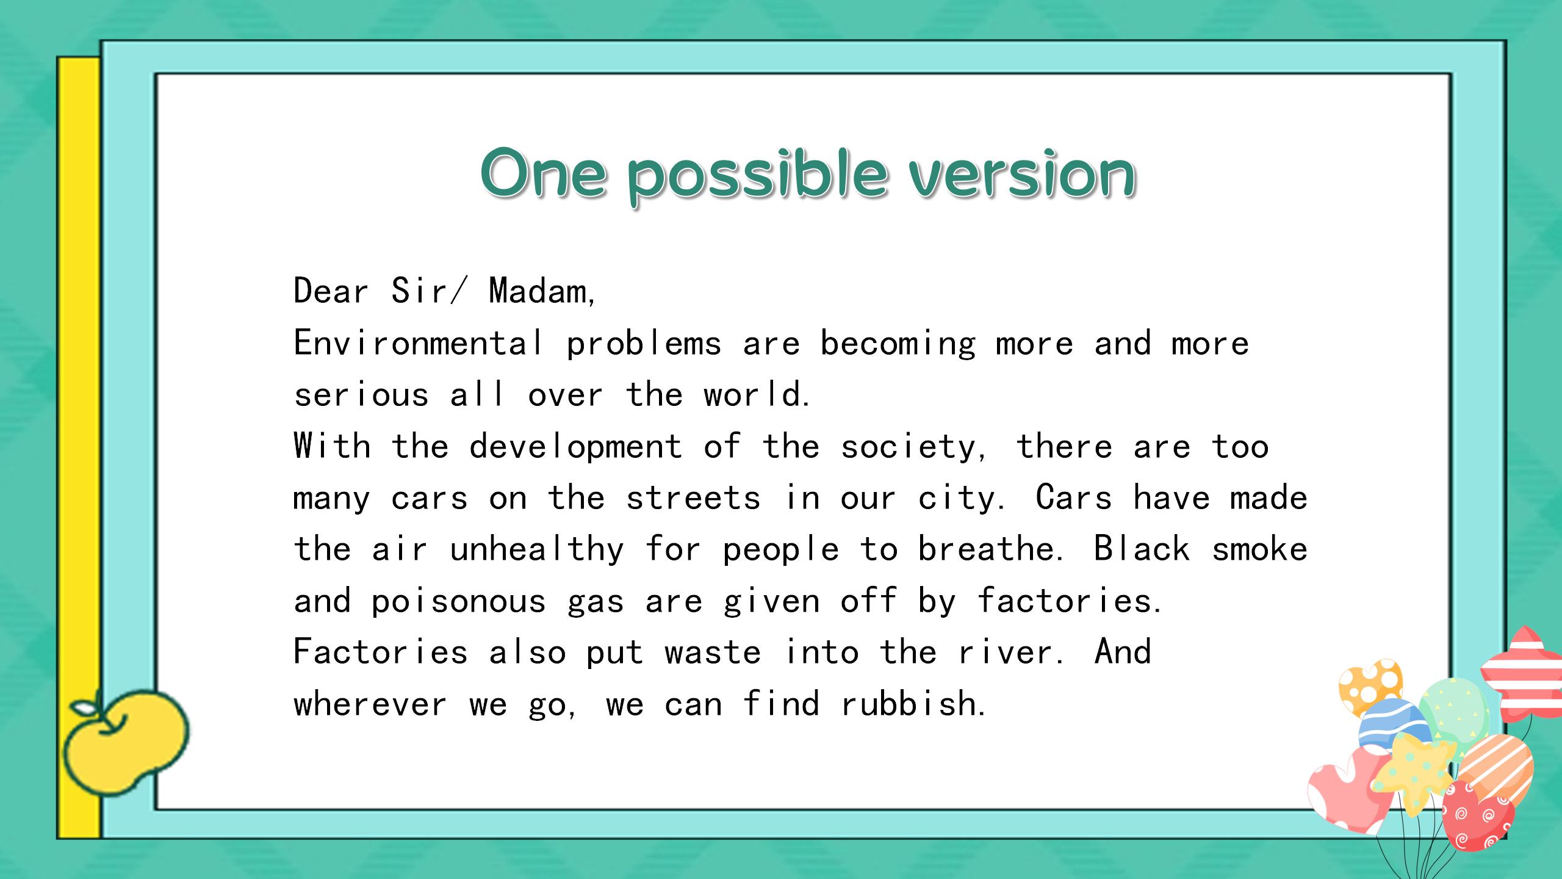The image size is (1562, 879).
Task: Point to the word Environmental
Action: (x=419, y=342)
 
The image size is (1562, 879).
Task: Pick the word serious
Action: (x=361, y=396)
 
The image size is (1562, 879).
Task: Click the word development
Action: (x=575, y=446)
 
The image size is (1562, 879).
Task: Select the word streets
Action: (x=693, y=499)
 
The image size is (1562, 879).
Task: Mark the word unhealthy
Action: (x=537, y=551)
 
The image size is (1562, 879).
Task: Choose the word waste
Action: (x=713, y=653)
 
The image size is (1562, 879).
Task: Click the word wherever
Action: (x=370, y=704)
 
